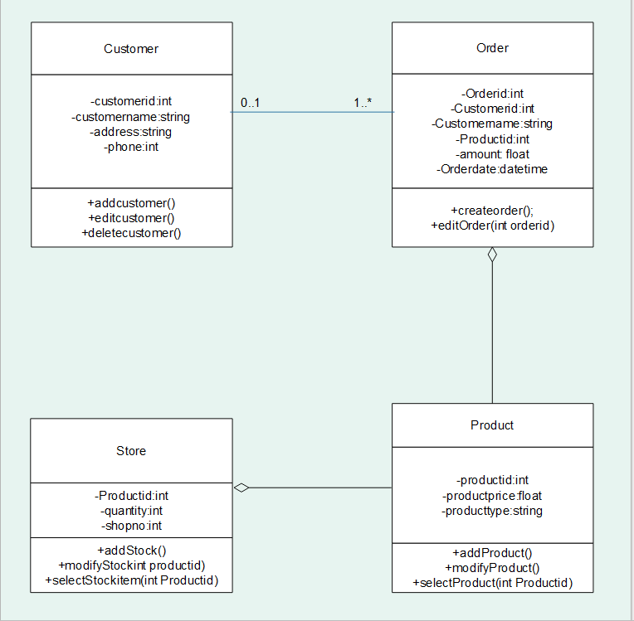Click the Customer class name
pyautogui.click(x=131, y=49)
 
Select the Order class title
pyautogui.click(x=492, y=47)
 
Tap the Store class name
pyautogui.click(x=131, y=451)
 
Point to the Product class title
pyautogui.click(x=492, y=425)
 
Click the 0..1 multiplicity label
pyautogui.click(x=251, y=103)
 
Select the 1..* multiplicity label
pyautogui.click(x=363, y=103)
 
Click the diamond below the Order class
pyautogui.click(x=492, y=255)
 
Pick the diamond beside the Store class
pyautogui.click(x=241, y=488)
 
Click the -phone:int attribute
pyautogui.click(x=131, y=147)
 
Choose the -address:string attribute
pyautogui.click(x=131, y=132)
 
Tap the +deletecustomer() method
pyautogui.click(x=131, y=233)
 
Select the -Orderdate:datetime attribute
pyautogui.click(x=492, y=169)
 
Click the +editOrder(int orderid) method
pyautogui.click(x=492, y=226)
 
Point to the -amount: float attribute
pyautogui.click(x=492, y=154)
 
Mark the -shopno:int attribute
pyautogui.click(x=131, y=526)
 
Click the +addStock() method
pyautogui.click(x=131, y=551)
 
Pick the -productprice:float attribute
pyautogui.click(x=492, y=496)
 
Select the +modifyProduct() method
pyautogui.click(x=492, y=568)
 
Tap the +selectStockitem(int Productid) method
pyautogui.click(x=131, y=580)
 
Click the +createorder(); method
pyautogui.click(x=492, y=211)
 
